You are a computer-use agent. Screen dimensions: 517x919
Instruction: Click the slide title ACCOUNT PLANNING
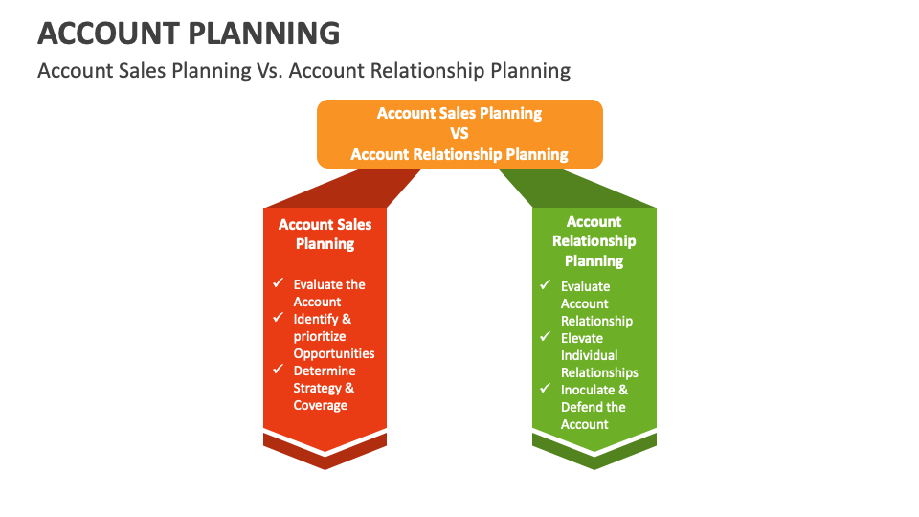tap(189, 34)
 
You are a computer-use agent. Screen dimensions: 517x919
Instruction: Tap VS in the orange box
tap(459, 134)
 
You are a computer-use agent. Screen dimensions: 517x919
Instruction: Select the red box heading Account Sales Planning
tap(325, 234)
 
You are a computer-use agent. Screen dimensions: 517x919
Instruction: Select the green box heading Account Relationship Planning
tap(594, 241)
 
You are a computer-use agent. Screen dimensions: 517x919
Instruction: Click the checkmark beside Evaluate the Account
tap(278, 283)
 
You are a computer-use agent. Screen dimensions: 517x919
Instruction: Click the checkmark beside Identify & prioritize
tap(278, 318)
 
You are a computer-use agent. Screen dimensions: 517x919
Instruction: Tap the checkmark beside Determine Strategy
tap(278, 370)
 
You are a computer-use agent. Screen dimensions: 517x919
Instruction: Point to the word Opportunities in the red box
tap(334, 353)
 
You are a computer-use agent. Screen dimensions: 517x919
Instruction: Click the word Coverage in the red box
tap(321, 405)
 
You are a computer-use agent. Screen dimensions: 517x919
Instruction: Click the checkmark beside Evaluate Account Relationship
tap(545, 285)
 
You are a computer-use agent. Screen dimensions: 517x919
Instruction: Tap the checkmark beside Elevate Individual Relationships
tap(545, 337)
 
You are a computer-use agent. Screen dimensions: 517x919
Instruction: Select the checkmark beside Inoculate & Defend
tap(545, 389)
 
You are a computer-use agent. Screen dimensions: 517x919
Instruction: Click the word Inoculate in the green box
tap(588, 390)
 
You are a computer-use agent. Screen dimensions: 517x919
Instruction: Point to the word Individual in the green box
tap(590, 355)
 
